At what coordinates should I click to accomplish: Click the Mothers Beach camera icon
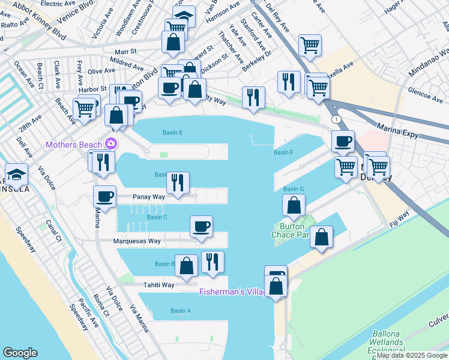point(111,144)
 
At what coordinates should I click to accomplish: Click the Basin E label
point(172,133)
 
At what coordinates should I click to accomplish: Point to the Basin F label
point(283,152)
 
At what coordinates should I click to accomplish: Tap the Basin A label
point(180,311)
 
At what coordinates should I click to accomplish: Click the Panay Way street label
point(149,197)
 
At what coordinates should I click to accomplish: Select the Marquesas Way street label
point(137,241)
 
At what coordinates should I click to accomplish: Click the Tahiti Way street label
point(158,285)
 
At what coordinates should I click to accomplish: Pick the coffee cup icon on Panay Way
point(104,197)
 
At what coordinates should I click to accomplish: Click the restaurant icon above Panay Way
point(177,182)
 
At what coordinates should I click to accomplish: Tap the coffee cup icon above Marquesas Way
point(201,226)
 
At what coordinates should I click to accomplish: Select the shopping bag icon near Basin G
point(294,206)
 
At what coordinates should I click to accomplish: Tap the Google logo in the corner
point(20,353)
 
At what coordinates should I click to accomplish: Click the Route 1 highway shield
point(337,120)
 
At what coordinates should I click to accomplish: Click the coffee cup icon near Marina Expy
point(343,142)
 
